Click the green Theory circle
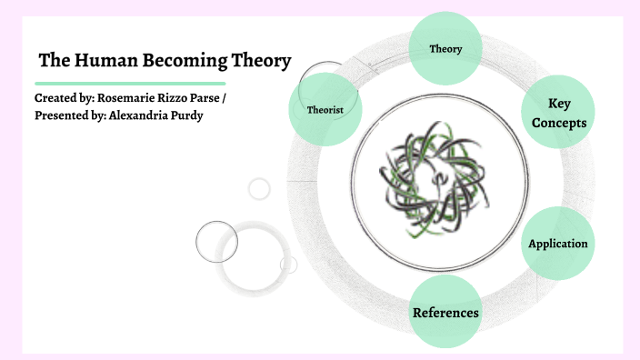pos(445,48)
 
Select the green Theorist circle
pos(325,109)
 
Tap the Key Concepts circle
pos(558,113)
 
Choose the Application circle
pos(558,243)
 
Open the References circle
pos(445,313)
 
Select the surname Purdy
pos(185,115)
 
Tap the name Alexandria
pos(135,115)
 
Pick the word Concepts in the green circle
pos(558,123)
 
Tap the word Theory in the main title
pos(263,62)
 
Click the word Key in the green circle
pos(559,103)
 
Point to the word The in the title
pos(53,62)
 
